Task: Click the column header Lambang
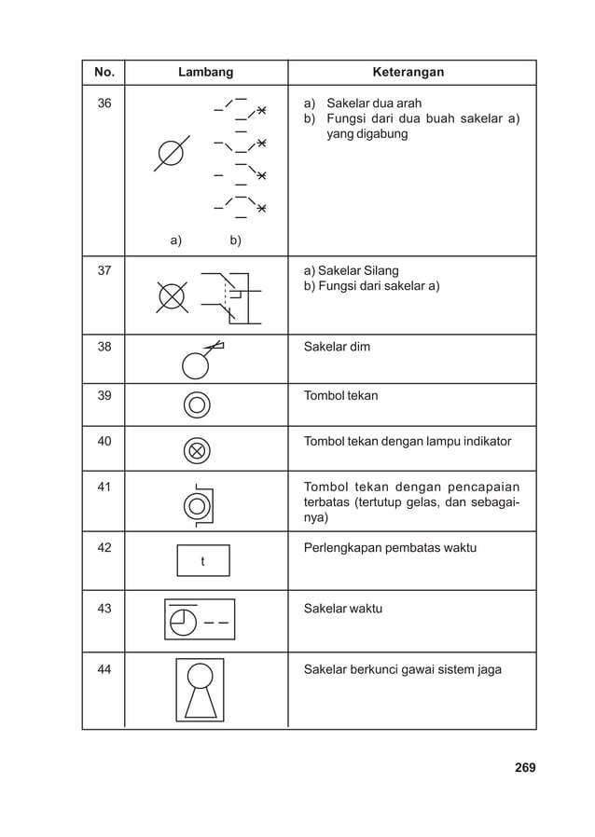[205, 72]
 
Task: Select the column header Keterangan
[408, 72]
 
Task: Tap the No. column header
[103, 72]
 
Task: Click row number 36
[104, 103]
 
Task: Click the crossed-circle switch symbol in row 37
[172, 295]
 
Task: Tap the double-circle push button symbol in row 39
[197, 405]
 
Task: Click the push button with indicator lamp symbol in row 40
[197, 449]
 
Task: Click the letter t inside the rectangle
[202, 561]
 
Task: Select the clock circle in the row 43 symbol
[184, 620]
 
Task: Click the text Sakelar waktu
[343, 609]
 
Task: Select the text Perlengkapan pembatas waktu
[390, 547]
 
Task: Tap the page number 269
[525, 768]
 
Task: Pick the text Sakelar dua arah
[367, 103]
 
